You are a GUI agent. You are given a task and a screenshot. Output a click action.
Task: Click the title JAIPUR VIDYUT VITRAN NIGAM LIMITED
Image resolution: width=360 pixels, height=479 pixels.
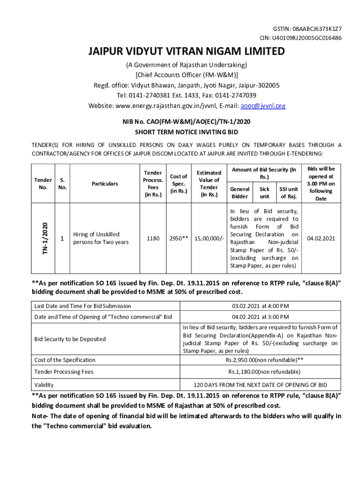pyautogui.click(x=187, y=52)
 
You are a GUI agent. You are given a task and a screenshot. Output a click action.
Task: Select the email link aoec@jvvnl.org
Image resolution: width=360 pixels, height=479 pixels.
pyautogui.click(x=263, y=106)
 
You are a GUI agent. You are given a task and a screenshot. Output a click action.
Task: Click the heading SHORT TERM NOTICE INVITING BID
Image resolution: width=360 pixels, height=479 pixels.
pyautogui.click(x=187, y=132)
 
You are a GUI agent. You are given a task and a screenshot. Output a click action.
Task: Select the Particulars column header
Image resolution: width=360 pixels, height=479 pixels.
pyautogui.click(x=105, y=184)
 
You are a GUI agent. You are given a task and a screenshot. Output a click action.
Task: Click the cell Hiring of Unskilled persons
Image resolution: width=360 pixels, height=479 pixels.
pyautogui.click(x=99, y=238)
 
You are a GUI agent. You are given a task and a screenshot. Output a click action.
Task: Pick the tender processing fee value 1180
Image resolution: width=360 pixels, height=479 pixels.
pyautogui.click(x=153, y=239)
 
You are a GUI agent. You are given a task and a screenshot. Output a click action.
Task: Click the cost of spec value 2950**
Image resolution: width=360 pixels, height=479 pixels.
pyautogui.click(x=179, y=239)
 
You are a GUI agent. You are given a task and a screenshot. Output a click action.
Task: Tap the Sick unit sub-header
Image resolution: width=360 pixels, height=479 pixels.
pyautogui.click(x=265, y=193)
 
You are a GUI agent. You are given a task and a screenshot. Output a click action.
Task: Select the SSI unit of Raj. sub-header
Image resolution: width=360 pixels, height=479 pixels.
pyautogui.click(x=288, y=193)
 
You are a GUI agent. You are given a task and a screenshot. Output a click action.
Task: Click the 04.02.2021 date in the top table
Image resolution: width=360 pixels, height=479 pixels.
pyautogui.click(x=321, y=239)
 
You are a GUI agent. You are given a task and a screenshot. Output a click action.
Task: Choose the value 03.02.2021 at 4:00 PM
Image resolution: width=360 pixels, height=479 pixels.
pyautogui.click(x=260, y=306)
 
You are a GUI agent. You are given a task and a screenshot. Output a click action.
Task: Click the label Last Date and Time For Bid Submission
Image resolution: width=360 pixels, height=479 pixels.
pyautogui.click(x=82, y=306)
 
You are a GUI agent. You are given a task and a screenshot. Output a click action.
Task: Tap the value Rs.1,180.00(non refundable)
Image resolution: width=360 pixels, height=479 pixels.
pyautogui.click(x=260, y=372)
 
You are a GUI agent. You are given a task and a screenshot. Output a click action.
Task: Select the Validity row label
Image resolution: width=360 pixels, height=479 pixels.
pyautogui.click(x=44, y=385)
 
